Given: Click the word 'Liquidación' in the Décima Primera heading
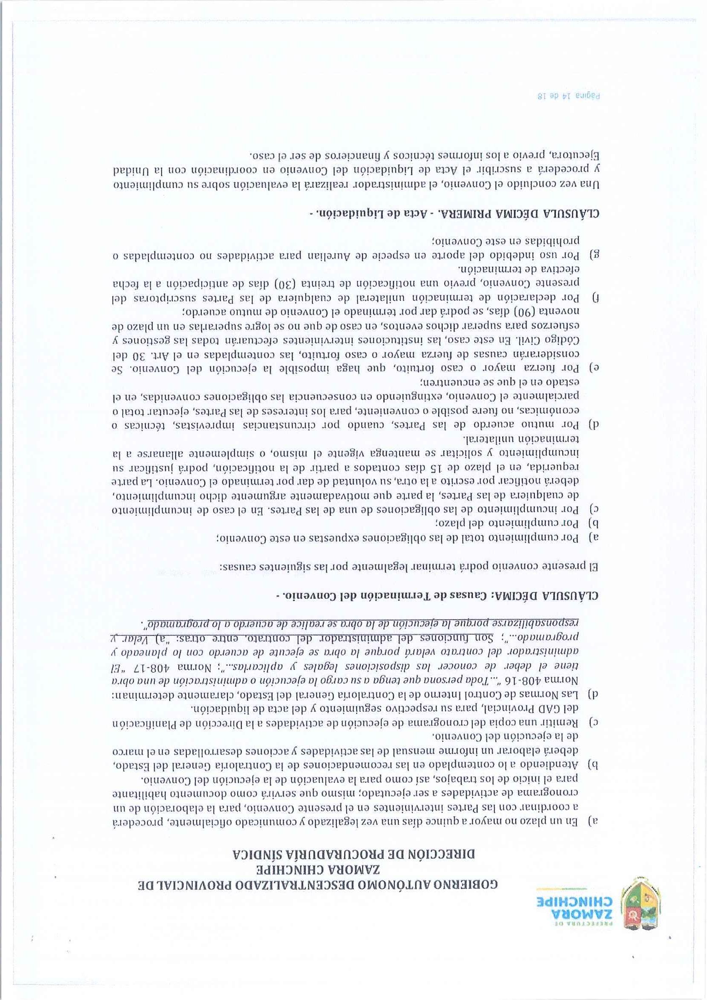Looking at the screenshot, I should point(348,214).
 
